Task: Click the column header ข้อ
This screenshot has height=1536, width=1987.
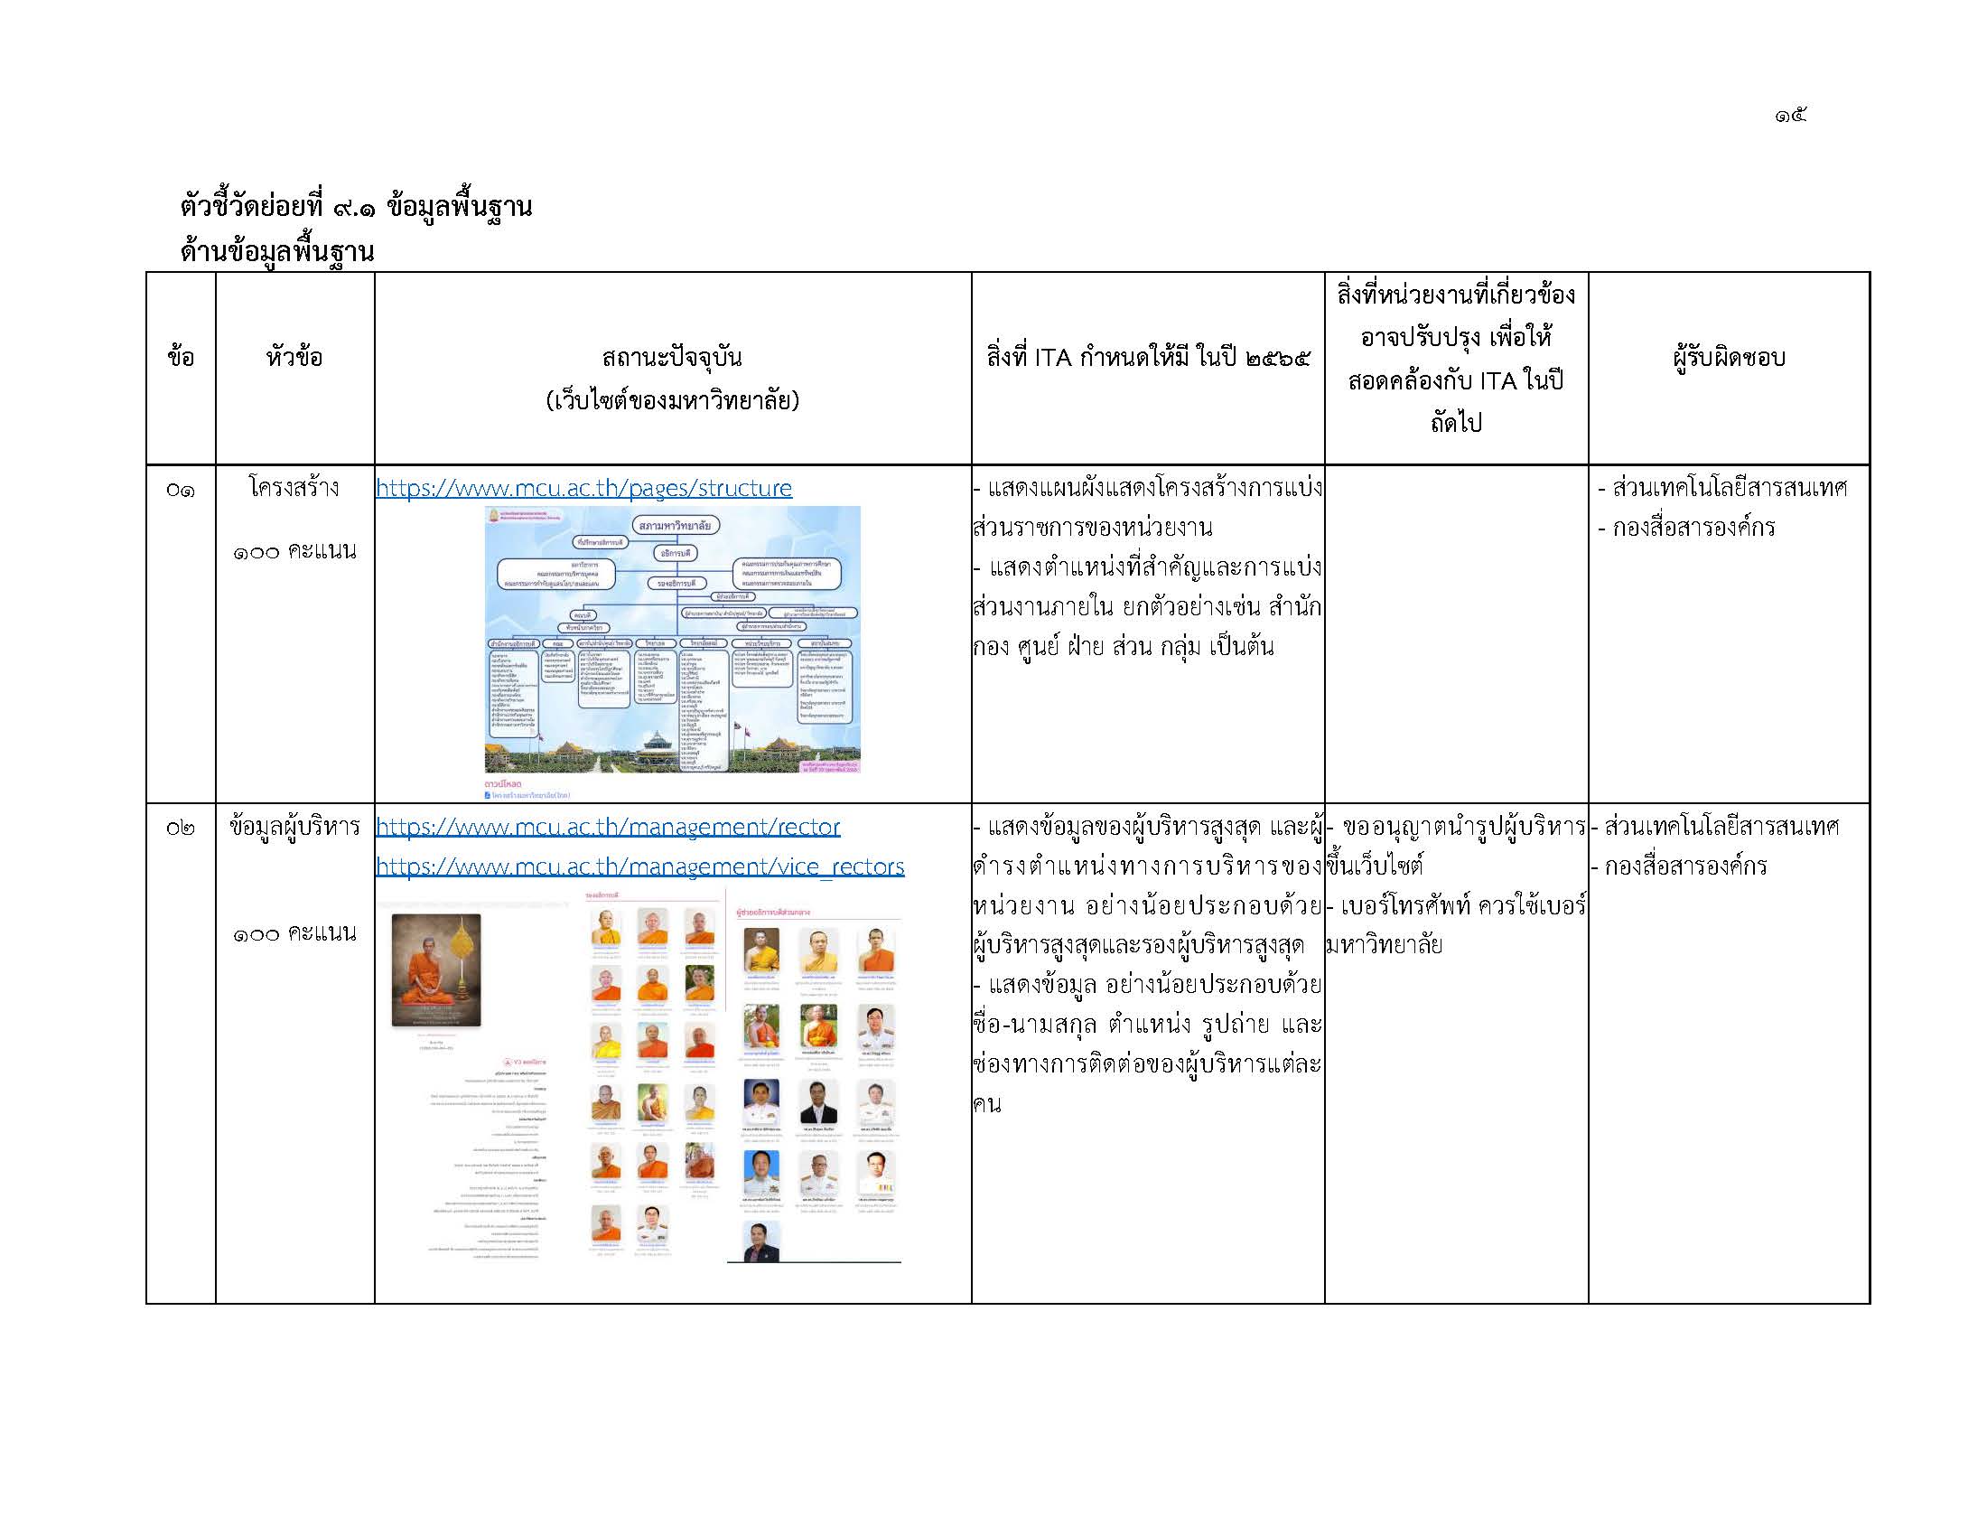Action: coord(180,357)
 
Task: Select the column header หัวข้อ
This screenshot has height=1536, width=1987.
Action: coord(294,357)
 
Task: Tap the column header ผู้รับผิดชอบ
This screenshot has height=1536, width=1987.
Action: coord(1729,357)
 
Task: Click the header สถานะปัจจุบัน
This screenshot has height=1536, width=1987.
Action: coord(671,357)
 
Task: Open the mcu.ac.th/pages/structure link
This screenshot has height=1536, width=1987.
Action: coord(583,488)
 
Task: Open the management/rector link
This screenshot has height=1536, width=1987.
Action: coord(608,826)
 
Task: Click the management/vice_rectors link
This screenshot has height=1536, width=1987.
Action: coord(639,866)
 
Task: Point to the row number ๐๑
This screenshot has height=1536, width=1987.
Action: coord(180,490)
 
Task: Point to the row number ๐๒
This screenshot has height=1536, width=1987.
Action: coord(180,828)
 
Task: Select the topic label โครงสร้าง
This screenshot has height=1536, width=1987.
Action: coord(294,488)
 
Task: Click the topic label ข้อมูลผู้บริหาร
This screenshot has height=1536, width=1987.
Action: coord(294,826)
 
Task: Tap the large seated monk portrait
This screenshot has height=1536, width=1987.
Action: coord(436,969)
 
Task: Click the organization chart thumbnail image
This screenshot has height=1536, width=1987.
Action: coord(671,639)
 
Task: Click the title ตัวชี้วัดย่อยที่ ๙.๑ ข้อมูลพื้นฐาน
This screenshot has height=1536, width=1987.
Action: coord(356,207)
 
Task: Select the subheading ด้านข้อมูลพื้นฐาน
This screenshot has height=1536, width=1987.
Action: coord(276,250)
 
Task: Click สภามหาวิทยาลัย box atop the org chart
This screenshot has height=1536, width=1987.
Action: coord(675,525)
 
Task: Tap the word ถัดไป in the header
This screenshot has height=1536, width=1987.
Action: coord(1456,422)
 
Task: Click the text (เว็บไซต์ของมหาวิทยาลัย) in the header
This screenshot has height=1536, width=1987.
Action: coord(671,400)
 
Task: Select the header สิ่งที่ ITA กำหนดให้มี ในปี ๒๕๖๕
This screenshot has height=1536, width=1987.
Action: coord(1147,357)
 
